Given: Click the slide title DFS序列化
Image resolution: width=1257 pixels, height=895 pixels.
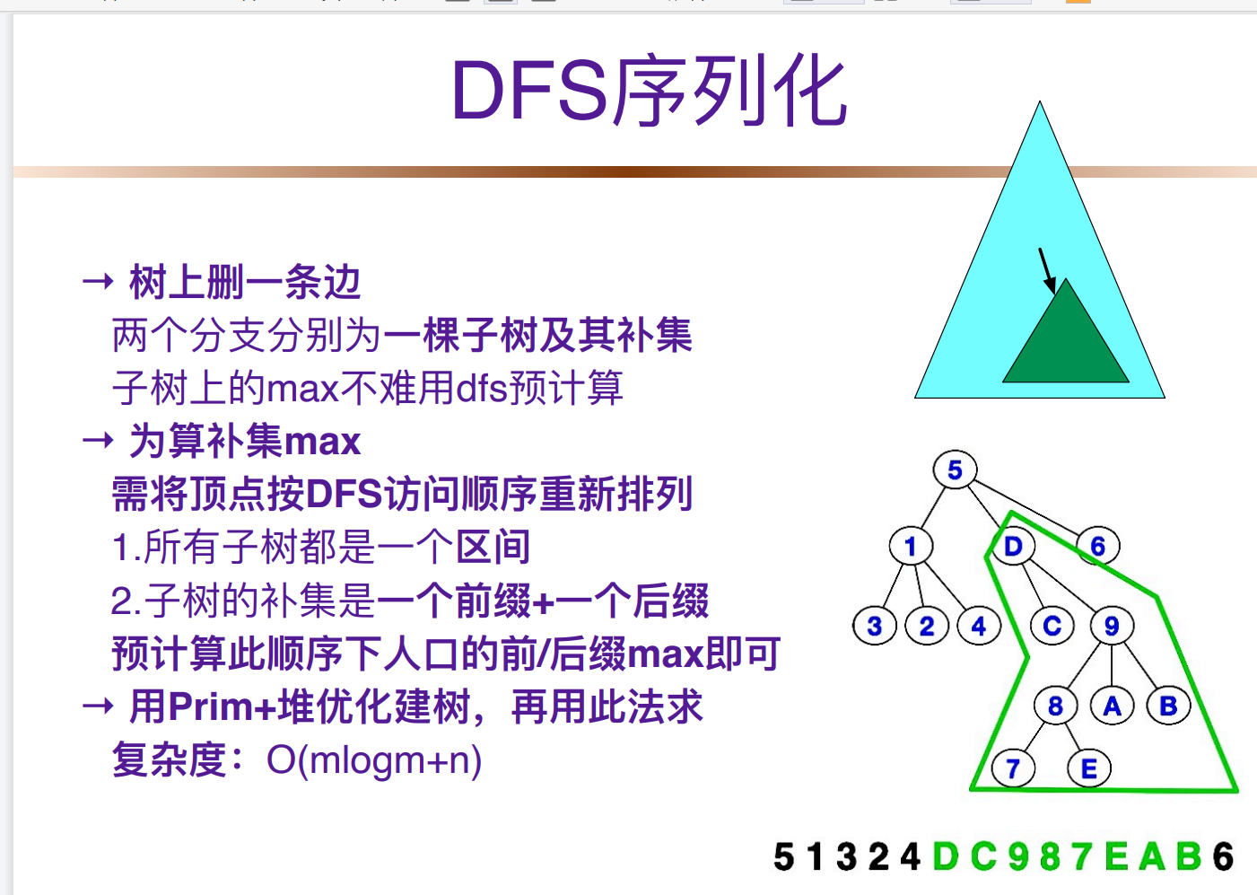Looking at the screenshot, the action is (x=649, y=91).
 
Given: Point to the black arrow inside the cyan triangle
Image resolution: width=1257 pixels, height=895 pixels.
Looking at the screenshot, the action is (x=1046, y=269).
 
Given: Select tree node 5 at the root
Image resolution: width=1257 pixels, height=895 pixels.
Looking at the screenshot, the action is (x=955, y=469).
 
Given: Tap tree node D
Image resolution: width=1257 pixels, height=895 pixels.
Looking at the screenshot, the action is (x=1013, y=546).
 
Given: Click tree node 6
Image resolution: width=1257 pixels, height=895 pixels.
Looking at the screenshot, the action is (x=1097, y=546).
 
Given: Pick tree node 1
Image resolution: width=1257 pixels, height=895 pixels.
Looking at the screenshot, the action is (x=911, y=546).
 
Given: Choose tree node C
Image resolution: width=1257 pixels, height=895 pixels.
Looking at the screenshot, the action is (x=1052, y=626).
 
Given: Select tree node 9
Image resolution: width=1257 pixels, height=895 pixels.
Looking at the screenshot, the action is (x=1112, y=626).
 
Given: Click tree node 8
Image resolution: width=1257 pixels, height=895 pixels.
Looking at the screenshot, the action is (x=1055, y=706).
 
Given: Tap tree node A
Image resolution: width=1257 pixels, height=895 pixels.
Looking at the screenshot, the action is (x=1113, y=706).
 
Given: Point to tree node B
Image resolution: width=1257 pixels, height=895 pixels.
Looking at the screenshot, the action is (x=1168, y=706).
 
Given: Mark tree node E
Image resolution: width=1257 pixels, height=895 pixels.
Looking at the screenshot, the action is (x=1089, y=769).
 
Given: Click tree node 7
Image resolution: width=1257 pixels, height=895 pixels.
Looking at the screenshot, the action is (x=1013, y=769).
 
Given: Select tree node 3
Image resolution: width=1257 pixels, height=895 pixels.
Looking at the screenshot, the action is (x=875, y=626).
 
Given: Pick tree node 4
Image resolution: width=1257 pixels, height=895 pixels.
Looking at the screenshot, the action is (x=979, y=626).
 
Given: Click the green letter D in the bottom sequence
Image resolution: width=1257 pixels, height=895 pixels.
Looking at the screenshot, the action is (x=946, y=856).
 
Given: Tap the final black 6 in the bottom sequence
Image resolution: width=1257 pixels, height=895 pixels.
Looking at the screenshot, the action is (x=1223, y=856).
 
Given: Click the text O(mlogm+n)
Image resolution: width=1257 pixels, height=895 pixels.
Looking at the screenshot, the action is (x=374, y=760).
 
